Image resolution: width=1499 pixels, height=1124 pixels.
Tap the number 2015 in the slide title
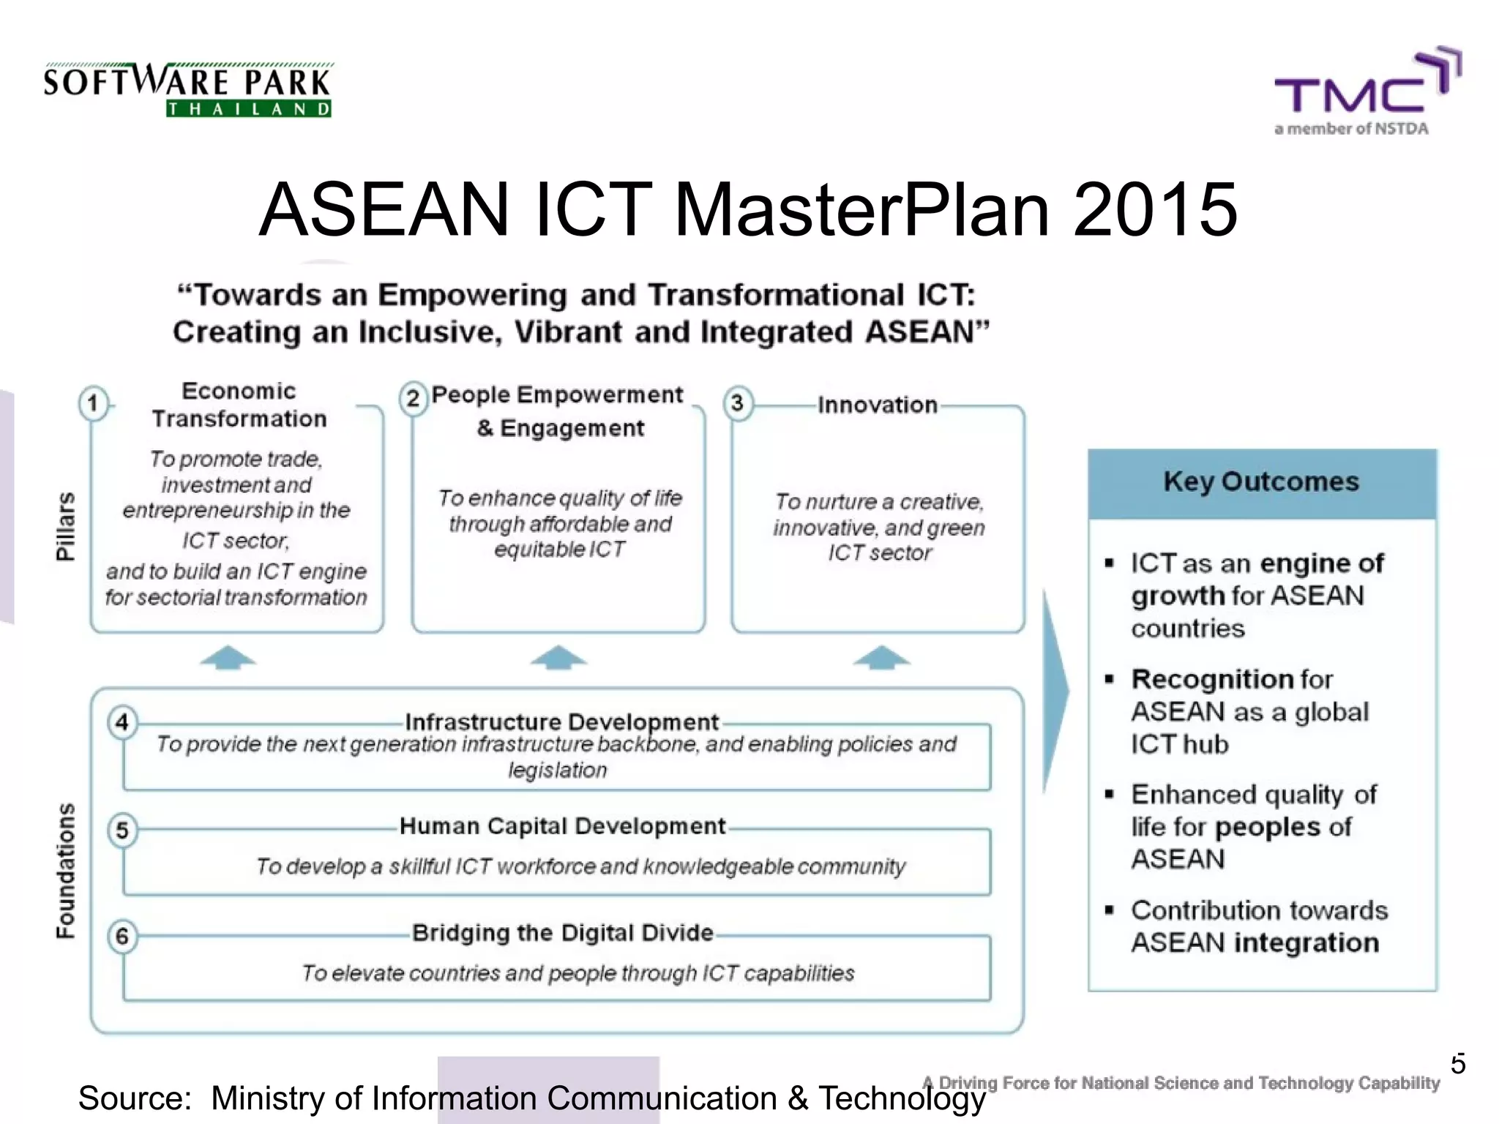point(1154,210)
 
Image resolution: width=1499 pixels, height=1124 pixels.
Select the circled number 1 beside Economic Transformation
point(93,403)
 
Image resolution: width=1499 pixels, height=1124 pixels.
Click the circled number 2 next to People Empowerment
point(414,399)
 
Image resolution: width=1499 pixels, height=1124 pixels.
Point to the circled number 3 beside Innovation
point(738,403)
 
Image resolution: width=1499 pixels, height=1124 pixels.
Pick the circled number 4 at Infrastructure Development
point(122,722)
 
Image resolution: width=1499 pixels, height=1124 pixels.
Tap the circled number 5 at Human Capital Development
point(122,831)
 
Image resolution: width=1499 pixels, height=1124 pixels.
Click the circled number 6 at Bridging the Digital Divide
point(122,937)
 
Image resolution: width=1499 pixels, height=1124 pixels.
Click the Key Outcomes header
point(1261,482)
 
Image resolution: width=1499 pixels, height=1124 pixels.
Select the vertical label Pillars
point(65,525)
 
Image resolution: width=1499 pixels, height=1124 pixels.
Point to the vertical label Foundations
point(65,871)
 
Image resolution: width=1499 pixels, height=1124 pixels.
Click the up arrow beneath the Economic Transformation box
point(228,658)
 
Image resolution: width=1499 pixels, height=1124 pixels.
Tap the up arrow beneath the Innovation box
point(881,658)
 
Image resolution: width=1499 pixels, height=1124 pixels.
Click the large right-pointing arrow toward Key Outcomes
point(1055,692)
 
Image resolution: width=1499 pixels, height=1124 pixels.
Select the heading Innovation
point(877,405)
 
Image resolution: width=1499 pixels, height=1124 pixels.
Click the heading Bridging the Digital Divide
point(562,933)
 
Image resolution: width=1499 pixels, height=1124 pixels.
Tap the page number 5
point(1457,1064)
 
